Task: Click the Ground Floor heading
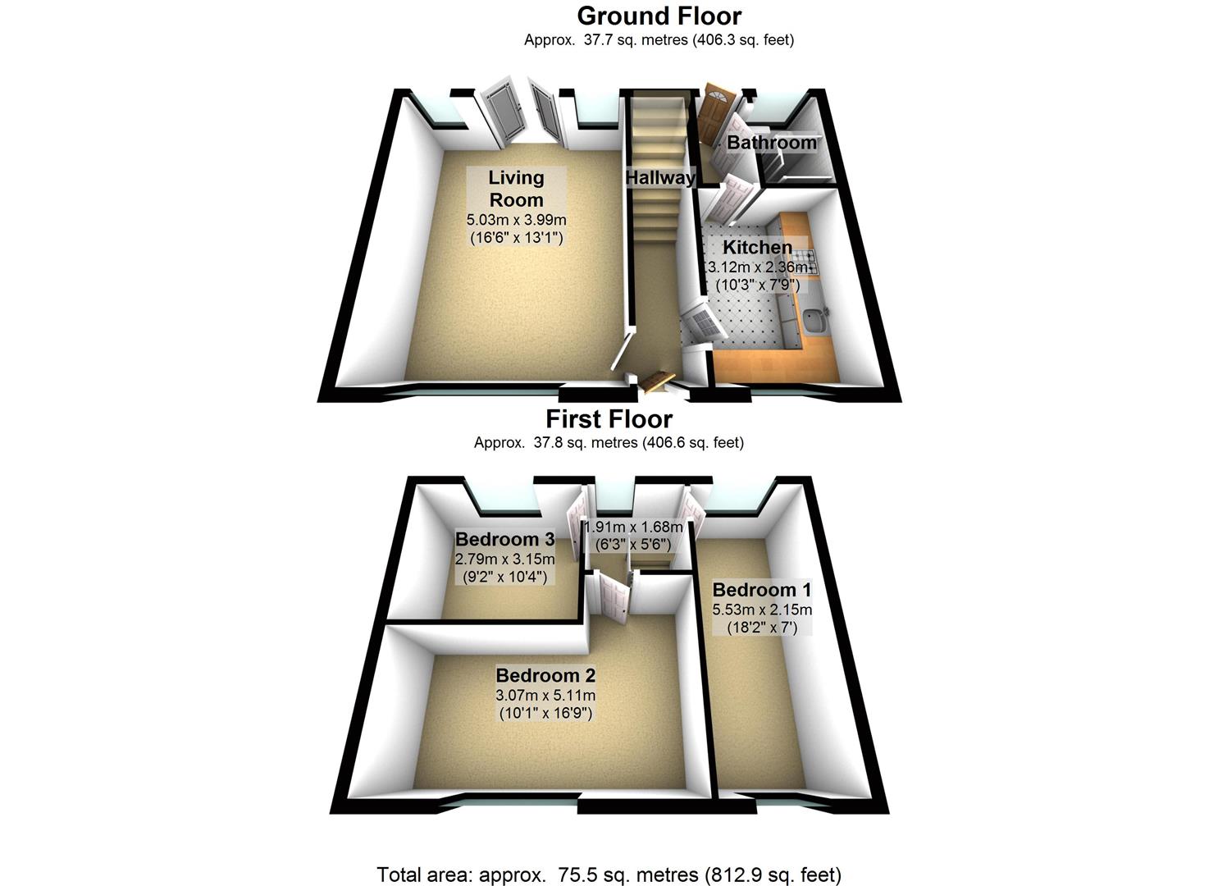[659, 16]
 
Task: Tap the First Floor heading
[609, 419]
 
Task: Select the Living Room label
[516, 188]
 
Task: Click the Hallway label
[659, 177]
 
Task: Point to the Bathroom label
[771, 142]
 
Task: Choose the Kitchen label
[757, 247]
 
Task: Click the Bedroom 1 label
[761, 590]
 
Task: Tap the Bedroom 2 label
[545, 675]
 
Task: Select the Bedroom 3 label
[504, 539]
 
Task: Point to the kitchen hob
[801, 262]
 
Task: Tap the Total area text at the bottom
[609, 875]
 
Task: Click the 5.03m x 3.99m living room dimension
[516, 220]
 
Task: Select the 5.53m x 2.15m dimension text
[761, 610]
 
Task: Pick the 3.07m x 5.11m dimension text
[545, 695]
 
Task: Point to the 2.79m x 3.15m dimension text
[504, 559]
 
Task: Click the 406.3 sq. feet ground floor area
[743, 39]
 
